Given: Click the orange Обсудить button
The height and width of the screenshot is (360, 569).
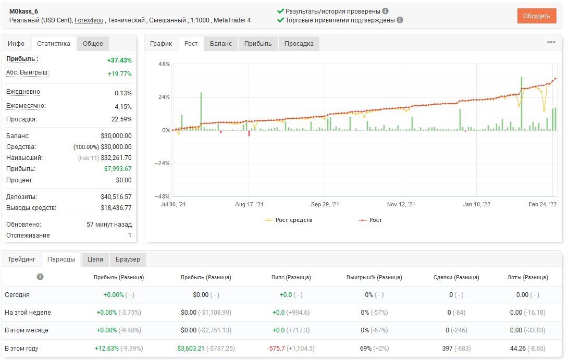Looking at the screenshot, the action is click(537, 16).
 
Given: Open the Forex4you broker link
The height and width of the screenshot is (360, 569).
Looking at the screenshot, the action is click(89, 20).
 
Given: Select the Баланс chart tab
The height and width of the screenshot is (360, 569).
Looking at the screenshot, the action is click(220, 44).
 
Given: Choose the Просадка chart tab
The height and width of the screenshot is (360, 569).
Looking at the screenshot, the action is click(299, 44).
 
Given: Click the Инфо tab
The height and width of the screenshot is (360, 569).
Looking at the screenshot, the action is click(16, 44).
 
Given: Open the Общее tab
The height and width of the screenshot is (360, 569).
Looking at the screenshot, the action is click(93, 44).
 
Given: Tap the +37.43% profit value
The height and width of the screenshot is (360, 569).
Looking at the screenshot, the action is click(119, 60).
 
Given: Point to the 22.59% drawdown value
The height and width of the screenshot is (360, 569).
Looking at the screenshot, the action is click(121, 119).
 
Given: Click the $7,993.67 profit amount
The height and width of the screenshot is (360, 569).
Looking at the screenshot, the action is click(118, 169).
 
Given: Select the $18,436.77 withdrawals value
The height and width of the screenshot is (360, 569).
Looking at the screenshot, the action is click(116, 207).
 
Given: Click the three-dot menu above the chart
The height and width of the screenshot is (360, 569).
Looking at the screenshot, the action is click(551, 42).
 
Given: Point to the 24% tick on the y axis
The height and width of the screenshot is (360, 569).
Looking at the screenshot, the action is click(164, 97).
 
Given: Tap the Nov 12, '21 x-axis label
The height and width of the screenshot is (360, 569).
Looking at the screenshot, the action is click(401, 204).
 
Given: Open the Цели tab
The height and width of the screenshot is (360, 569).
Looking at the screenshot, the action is click(95, 259).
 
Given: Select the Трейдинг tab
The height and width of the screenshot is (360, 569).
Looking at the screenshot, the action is click(21, 259).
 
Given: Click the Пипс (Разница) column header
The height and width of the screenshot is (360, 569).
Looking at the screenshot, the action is click(291, 277).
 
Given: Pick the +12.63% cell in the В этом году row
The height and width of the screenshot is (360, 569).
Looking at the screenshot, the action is click(107, 349).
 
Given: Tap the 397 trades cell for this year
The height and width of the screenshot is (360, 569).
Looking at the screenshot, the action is click(448, 349).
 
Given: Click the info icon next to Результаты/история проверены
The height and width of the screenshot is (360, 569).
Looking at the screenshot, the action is click(386, 11).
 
